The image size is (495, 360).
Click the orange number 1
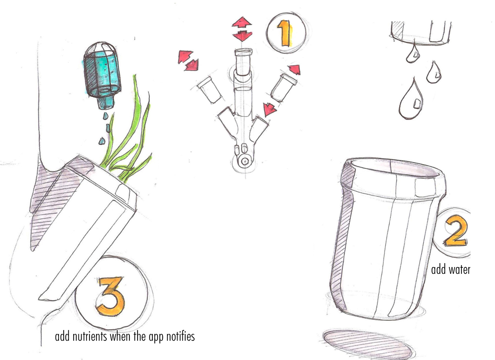(285, 34)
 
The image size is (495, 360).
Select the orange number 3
(111, 296)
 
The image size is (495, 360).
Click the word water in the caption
(459, 270)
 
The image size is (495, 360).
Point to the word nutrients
(90, 336)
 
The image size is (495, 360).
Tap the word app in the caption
(156, 337)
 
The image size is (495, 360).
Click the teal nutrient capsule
(101, 74)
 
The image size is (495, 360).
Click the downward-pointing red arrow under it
(243, 35)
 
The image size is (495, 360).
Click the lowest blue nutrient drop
(102, 141)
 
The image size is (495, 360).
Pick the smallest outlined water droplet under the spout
(412, 55)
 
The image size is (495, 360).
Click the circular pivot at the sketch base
(244, 161)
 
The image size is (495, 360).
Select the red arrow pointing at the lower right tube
(269, 109)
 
